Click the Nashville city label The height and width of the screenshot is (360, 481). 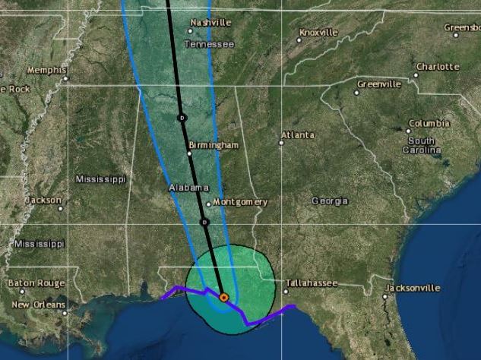210,23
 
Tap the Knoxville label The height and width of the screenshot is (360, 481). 318,33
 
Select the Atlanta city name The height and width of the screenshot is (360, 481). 297,135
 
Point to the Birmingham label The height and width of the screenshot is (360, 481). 214,145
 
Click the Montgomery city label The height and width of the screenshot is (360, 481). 240,202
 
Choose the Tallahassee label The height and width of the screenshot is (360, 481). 311,283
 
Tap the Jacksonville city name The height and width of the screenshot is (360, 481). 413,288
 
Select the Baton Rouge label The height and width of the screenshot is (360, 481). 36,283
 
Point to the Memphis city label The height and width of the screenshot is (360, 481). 46,71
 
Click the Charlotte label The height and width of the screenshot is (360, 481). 437,67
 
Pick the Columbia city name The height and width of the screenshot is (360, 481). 429,123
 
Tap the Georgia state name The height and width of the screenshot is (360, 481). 330,201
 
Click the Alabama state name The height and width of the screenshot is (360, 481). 188,188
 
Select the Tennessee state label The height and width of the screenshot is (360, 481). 209,44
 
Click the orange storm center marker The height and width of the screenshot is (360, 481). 224,298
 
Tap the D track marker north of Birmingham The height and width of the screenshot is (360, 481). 182,118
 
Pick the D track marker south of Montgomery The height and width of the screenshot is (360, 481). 204,222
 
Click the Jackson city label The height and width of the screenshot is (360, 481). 43,201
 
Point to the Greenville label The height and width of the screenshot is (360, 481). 378,84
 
